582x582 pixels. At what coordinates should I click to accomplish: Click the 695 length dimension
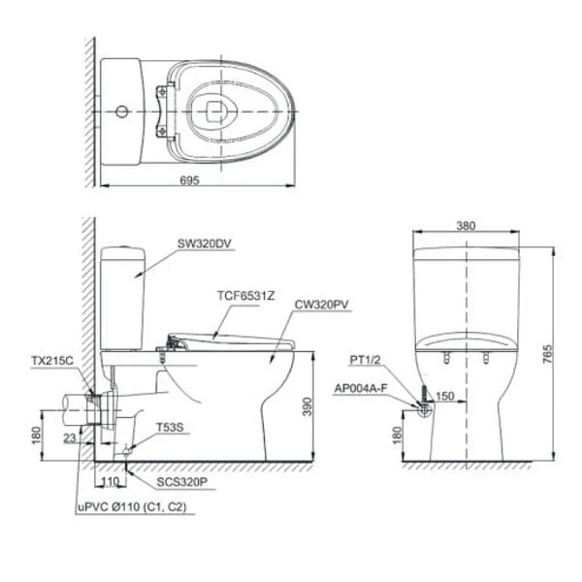click(190, 180)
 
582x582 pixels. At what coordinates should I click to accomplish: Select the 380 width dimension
click(466, 226)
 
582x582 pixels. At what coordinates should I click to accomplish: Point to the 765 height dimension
click(547, 354)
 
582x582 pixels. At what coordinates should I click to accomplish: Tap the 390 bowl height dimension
click(307, 406)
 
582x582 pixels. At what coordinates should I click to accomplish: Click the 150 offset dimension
click(444, 396)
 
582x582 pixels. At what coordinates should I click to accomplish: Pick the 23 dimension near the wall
click(70, 438)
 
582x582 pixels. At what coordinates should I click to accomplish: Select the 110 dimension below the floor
click(111, 481)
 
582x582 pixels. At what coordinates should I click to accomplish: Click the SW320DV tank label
click(204, 243)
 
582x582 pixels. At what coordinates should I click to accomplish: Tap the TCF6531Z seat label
click(245, 296)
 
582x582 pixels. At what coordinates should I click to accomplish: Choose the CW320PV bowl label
click(321, 305)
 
